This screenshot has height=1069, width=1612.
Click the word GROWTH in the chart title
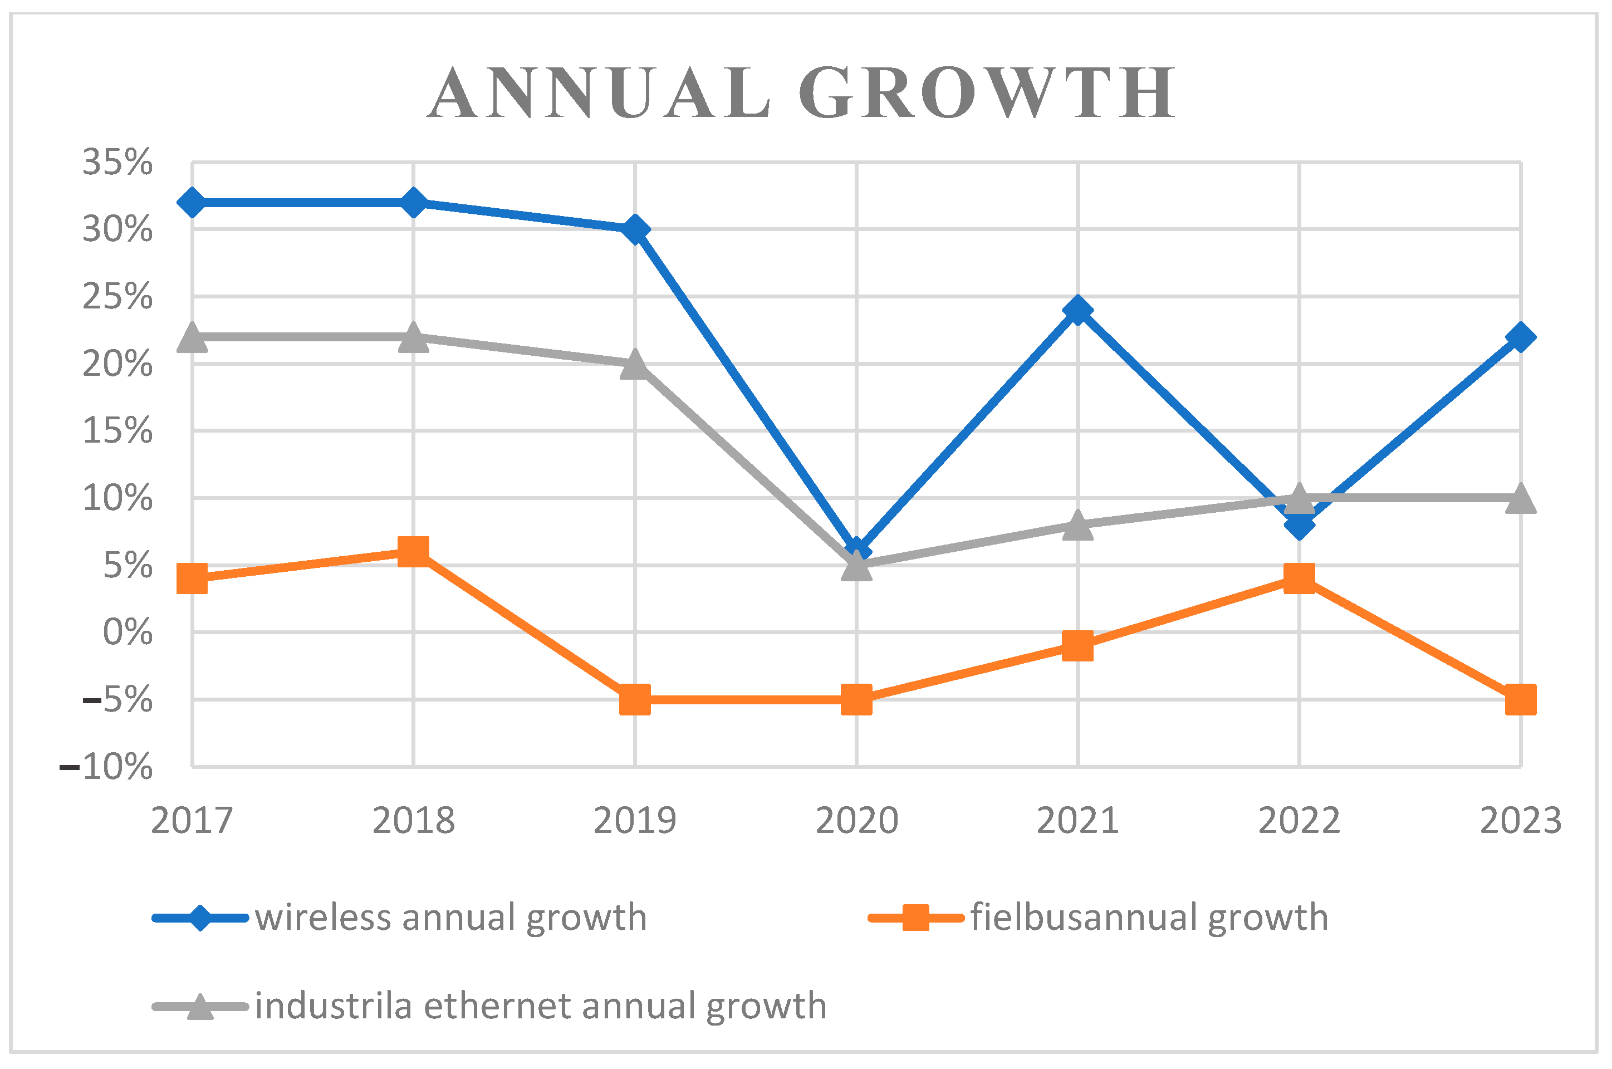click(986, 94)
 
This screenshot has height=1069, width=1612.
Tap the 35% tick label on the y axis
click(117, 162)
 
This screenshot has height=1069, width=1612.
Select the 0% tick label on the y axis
click(128, 632)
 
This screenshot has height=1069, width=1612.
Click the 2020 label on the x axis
click(857, 820)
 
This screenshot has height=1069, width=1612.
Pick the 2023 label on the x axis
click(1520, 820)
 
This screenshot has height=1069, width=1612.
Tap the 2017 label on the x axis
click(192, 820)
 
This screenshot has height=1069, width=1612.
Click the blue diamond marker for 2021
click(1077, 310)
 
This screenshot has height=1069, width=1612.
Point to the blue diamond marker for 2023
click(1520, 337)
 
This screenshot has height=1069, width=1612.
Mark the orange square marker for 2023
click(1520, 699)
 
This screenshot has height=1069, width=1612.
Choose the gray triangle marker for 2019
click(635, 365)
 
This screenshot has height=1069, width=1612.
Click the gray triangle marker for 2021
click(1077, 526)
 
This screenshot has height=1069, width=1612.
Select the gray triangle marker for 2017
click(192, 338)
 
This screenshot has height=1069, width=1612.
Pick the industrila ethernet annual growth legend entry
click(489, 1006)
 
